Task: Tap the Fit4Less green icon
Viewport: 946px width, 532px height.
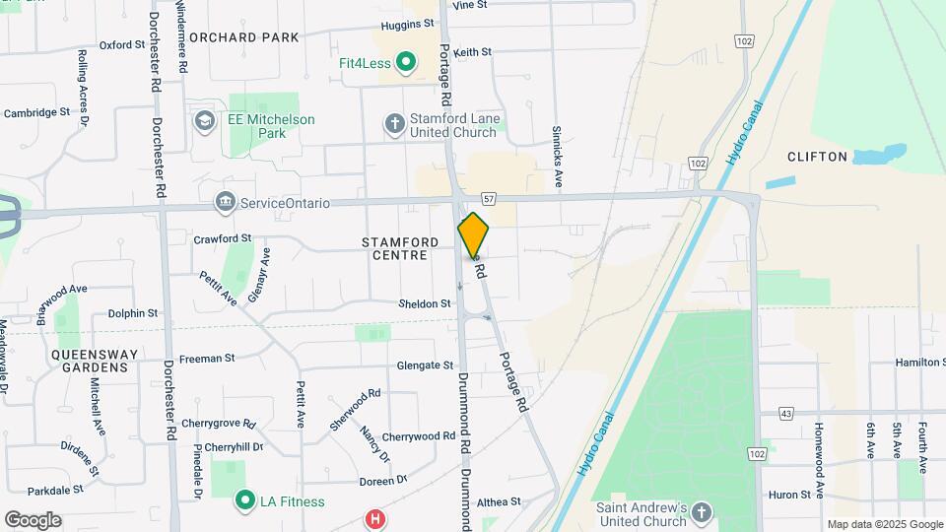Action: pyautogui.click(x=405, y=64)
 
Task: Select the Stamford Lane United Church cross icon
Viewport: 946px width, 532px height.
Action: pyautogui.click(x=395, y=123)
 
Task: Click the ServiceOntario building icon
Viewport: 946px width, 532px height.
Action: pyautogui.click(x=226, y=203)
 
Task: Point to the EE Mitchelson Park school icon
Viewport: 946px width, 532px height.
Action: pyautogui.click(x=206, y=121)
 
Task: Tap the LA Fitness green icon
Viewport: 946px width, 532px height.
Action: pyautogui.click(x=244, y=501)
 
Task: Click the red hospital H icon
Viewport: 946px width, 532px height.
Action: pyautogui.click(x=374, y=519)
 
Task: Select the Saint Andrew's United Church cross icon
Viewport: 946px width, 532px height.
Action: pyautogui.click(x=701, y=513)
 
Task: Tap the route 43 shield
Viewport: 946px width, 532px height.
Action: pyautogui.click(x=785, y=413)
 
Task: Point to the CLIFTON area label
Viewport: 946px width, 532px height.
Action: pyautogui.click(x=817, y=157)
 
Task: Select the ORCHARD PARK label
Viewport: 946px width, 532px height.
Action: pyautogui.click(x=243, y=37)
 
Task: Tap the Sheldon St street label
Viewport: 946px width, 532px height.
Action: pyautogui.click(x=425, y=303)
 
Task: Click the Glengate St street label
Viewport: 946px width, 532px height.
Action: pyautogui.click(x=424, y=365)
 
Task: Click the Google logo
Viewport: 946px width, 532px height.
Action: pyautogui.click(x=34, y=520)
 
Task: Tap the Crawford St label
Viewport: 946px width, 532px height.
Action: pyautogui.click(x=223, y=238)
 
